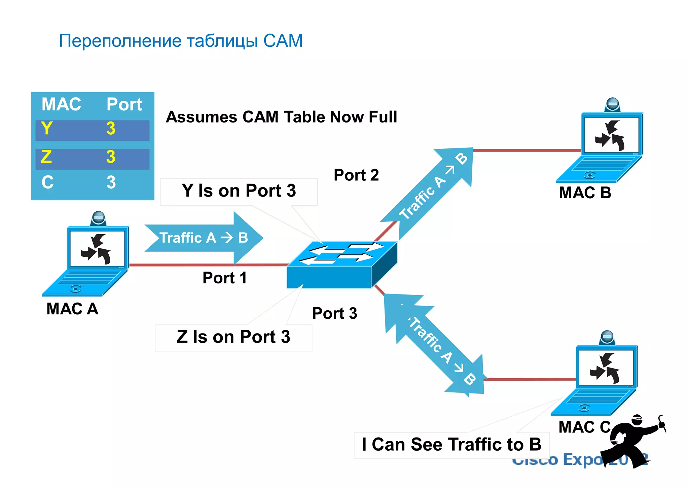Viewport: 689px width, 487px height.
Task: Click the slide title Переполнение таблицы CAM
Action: (x=181, y=41)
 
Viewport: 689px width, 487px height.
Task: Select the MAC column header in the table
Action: (x=61, y=104)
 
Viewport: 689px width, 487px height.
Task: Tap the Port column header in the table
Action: (x=124, y=104)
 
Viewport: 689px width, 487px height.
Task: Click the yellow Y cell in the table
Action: (x=47, y=129)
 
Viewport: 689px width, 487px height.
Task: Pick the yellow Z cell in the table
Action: (x=46, y=157)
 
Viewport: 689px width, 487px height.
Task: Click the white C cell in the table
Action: (x=47, y=182)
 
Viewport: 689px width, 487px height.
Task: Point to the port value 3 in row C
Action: (x=111, y=182)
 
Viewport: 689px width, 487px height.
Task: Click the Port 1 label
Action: (x=224, y=278)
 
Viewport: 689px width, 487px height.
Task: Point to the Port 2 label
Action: (x=356, y=175)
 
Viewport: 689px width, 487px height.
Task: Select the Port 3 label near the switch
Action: (x=334, y=313)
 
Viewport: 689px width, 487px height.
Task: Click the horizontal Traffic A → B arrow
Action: (x=204, y=238)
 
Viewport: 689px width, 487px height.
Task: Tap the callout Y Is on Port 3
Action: (x=239, y=191)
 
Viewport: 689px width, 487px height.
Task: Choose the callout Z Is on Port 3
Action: (x=233, y=337)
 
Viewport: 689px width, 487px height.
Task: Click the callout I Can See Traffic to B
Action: (x=451, y=445)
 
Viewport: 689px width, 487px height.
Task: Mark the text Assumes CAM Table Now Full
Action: (x=281, y=117)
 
